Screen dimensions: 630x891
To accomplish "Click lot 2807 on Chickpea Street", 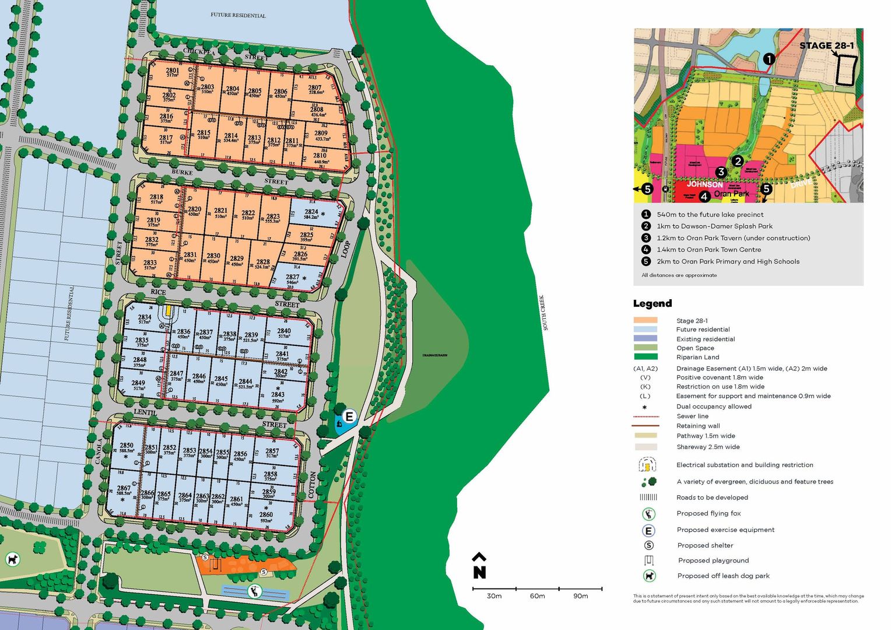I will (315, 89).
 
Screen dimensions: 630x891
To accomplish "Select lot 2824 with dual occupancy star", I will (312, 214).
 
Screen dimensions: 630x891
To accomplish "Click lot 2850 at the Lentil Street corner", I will (127, 447).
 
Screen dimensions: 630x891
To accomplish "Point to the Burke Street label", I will (182, 173).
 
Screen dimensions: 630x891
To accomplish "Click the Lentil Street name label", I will (145, 412).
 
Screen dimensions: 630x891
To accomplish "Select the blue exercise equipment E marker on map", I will (349, 416).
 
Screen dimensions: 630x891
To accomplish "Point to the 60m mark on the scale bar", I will (537, 596).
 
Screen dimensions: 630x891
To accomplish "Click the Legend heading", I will (652, 303).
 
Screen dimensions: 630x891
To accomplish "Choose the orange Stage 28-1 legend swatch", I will (645, 320).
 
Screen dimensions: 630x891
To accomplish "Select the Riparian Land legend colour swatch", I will (645, 356).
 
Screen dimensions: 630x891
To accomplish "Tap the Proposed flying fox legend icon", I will (648, 514).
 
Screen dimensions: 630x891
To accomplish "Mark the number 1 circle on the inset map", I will (769, 59).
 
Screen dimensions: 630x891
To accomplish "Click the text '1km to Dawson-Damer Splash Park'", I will (714, 226).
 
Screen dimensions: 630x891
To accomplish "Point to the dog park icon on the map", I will (12, 559).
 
